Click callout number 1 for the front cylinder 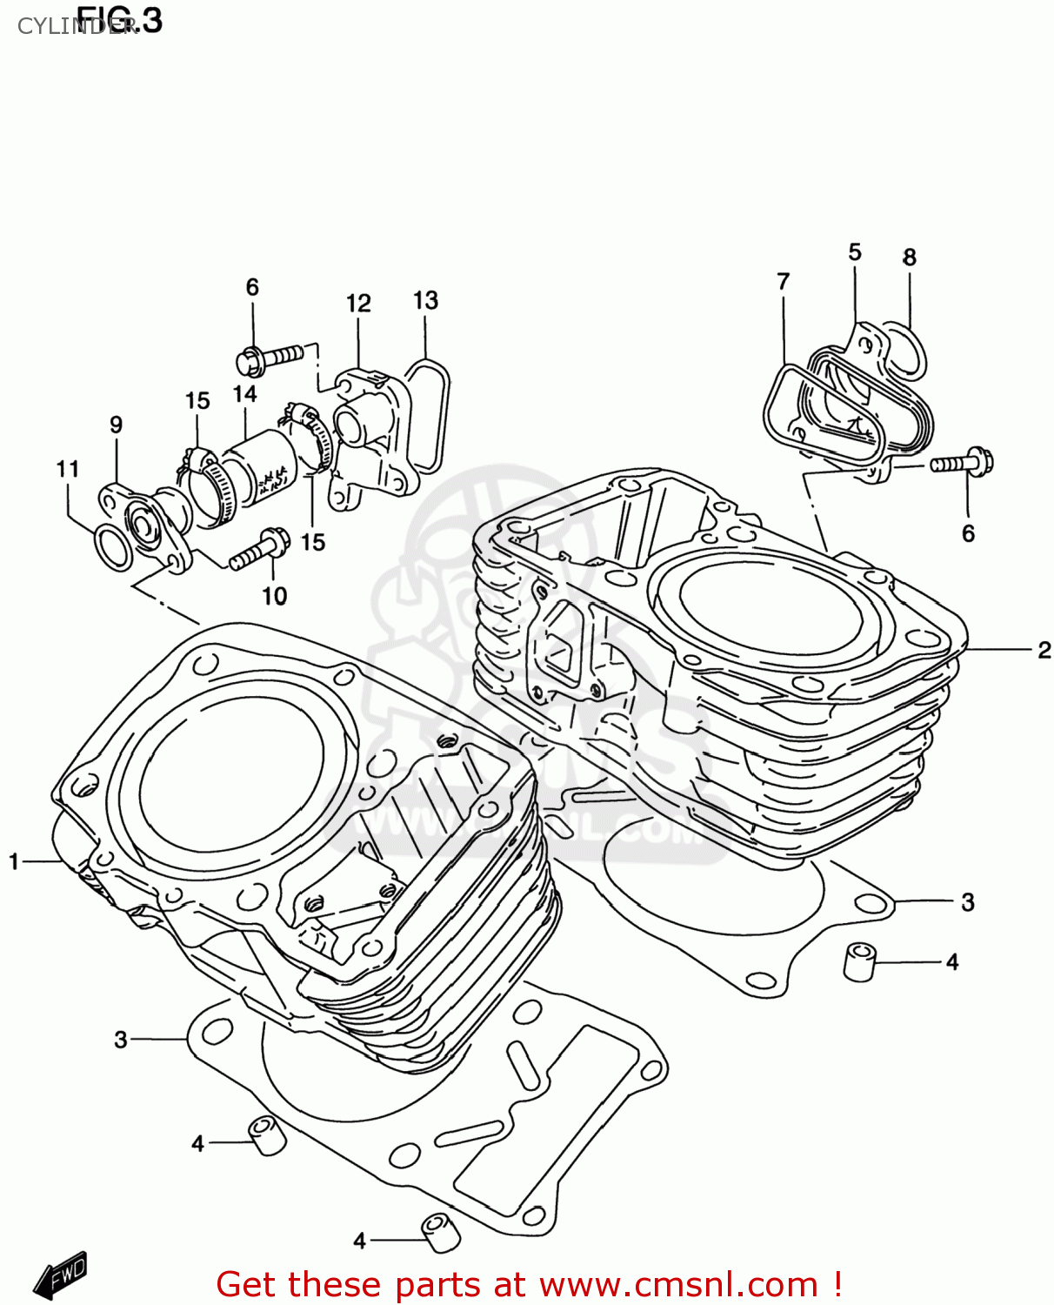click(14, 861)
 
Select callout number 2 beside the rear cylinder click(1044, 650)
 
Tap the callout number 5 click(855, 252)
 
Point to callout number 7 click(783, 282)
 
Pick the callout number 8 click(909, 258)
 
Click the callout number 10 click(274, 596)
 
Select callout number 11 click(68, 469)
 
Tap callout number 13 click(425, 300)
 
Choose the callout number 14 click(244, 394)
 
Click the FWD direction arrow click(61, 1275)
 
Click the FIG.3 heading click(119, 19)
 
